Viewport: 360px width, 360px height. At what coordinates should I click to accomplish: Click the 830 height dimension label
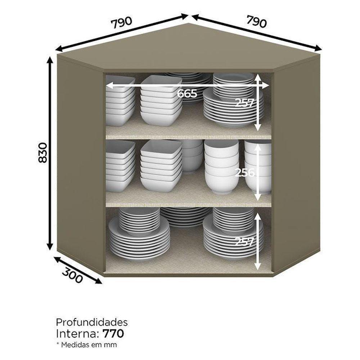point(43,153)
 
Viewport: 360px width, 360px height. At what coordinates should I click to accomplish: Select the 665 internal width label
point(187,94)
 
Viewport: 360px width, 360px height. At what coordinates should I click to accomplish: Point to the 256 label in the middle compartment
point(245,172)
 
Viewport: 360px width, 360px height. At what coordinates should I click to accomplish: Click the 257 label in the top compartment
point(244,103)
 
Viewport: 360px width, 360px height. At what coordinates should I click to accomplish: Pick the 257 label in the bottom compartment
point(244,242)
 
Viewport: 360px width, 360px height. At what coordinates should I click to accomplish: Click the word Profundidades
point(92,322)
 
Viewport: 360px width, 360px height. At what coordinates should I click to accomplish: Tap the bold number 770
point(113,334)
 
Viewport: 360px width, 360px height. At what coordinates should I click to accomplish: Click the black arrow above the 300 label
point(78,270)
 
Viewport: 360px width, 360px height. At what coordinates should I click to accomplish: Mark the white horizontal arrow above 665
point(187,86)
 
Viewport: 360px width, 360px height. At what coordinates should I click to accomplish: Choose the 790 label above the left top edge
point(122,22)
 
